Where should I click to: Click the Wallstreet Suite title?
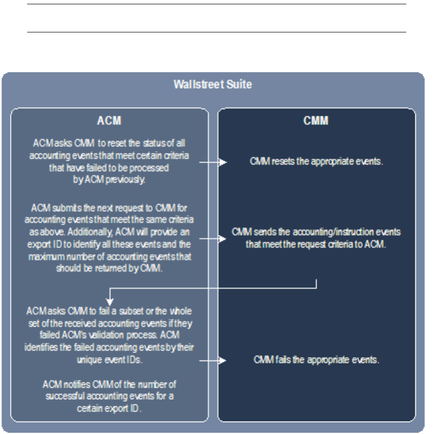click(x=212, y=85)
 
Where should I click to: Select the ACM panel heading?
click(x=109, y=121)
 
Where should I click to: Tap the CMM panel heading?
click(x=316, y=121)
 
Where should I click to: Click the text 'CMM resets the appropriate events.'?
click(x=317, y=161)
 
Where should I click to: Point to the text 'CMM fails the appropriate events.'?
click(x=316, y=360)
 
